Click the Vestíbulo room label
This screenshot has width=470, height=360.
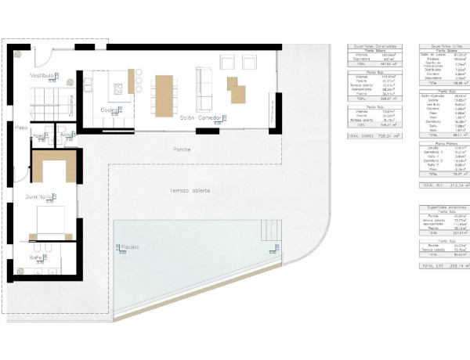point(42,75)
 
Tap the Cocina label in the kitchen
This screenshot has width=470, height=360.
point(110,110)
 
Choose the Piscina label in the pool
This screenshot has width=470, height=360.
point(130,247)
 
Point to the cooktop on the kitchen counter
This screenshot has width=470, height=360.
point(132,78)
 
